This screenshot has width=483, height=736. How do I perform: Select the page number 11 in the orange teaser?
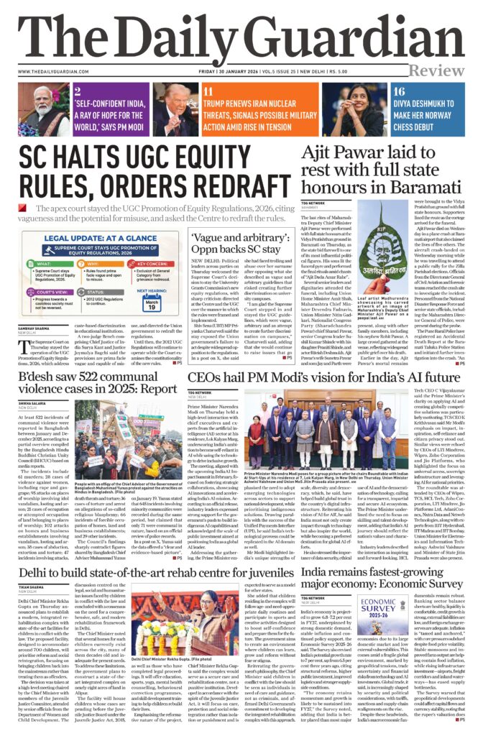pos(208,92)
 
